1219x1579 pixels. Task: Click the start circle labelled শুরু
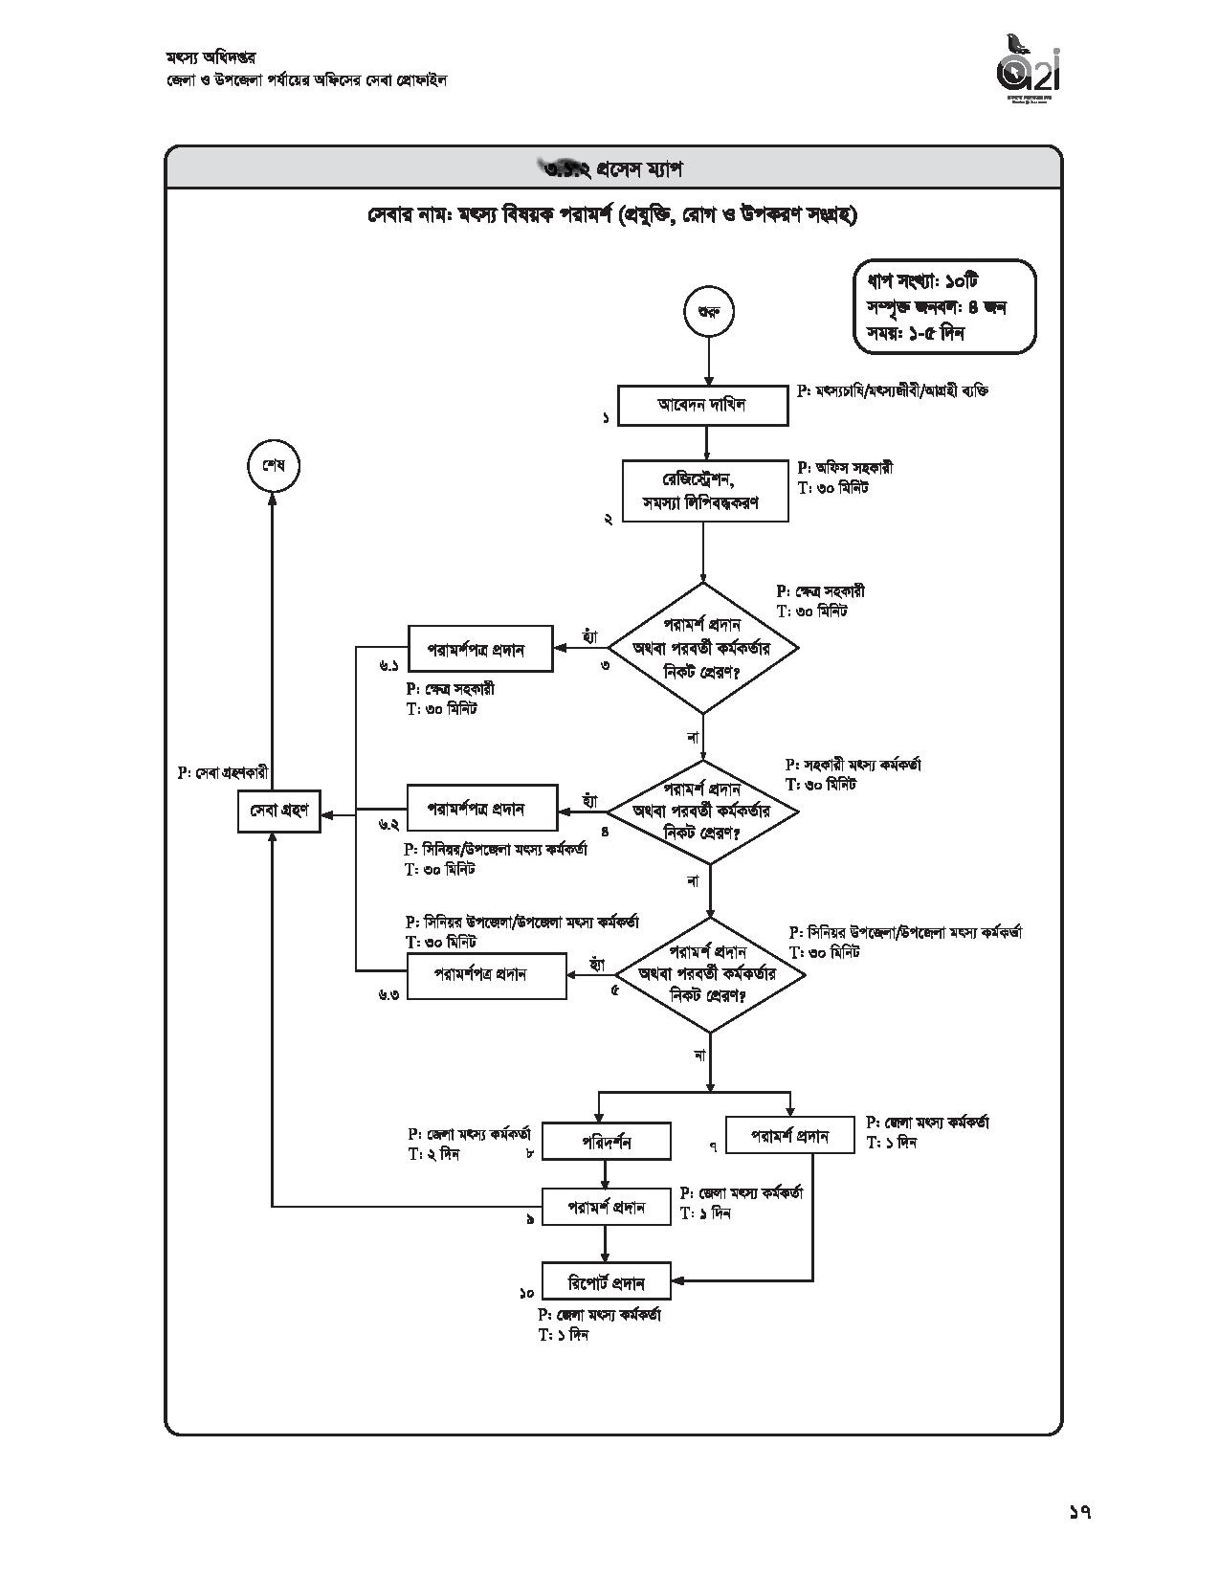tap(708, 312)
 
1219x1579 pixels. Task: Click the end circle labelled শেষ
tap(273, 466)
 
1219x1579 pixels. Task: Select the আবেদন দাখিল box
tap(702, 405)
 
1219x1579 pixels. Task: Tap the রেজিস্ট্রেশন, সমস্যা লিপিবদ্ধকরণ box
tap(705, 491)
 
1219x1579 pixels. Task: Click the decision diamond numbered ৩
tap(703, 648)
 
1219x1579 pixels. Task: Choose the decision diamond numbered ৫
tap(709, 975)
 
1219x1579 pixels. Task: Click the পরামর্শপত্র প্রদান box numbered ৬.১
tap(480, 649)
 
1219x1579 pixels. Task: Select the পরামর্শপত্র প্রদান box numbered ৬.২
tap(481, 809)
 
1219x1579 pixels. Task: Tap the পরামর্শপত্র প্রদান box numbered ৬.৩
tap(486, 975)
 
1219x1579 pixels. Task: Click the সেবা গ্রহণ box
tap(278, 811)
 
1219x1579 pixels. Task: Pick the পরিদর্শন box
tap(606, 1142)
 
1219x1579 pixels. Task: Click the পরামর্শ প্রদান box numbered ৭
tap(789, 1136)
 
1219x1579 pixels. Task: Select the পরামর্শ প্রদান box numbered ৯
tap(607, 1207)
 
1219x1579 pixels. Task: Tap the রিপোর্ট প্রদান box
tap(607, 1282)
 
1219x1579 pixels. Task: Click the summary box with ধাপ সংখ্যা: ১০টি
tap(944, 307)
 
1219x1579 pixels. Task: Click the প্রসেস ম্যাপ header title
tap(613, 168)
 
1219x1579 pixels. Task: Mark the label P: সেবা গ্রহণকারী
tap(223, 772)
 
